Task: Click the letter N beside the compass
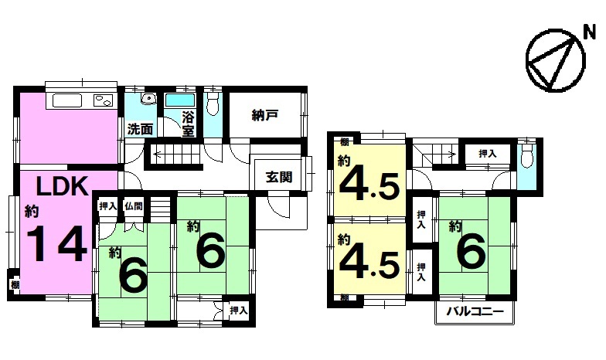589,34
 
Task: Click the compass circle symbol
555,60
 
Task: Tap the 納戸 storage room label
265,115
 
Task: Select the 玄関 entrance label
278,178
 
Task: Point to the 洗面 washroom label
140,130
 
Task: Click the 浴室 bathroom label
189,124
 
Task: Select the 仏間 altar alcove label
134,205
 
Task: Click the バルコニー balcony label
475,311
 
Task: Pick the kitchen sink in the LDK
67,100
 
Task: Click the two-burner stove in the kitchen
104,100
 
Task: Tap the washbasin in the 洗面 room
148,99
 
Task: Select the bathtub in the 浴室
179,100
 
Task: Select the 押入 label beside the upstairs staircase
487,153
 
